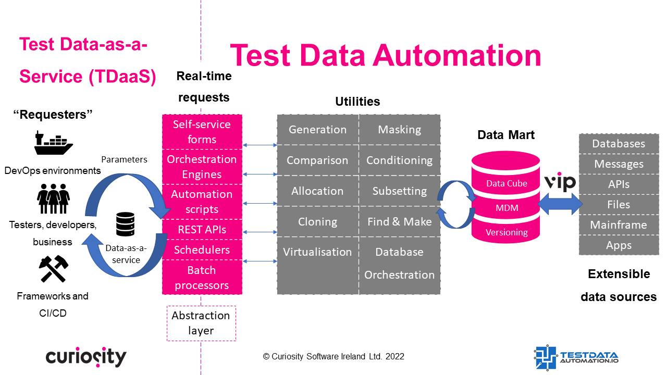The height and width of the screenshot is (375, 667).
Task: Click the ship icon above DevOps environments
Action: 53,144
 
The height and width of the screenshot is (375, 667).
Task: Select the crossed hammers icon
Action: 53,268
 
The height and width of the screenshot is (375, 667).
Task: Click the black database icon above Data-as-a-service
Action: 126,224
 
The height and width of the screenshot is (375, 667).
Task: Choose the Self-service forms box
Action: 202,132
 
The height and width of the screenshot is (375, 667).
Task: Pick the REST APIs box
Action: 202,230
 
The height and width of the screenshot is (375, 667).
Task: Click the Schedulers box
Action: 202,250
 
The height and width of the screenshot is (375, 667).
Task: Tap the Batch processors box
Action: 202,278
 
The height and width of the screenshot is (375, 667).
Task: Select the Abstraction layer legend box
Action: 201,323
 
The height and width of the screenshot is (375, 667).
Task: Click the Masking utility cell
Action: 400,130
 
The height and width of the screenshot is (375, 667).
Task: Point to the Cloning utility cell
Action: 317,222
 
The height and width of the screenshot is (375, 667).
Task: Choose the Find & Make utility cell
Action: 400,222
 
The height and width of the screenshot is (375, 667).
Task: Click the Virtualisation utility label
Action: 317,252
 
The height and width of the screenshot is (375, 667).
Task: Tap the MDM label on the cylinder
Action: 507,208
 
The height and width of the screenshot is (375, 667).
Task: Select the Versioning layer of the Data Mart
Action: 507,232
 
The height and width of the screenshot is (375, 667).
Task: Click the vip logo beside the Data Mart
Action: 560,182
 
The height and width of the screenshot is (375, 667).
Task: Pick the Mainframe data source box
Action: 619,225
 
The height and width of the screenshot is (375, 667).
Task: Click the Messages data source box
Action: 619,164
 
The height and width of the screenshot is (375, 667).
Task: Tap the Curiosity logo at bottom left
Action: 86,357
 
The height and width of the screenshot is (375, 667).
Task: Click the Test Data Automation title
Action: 385,55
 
